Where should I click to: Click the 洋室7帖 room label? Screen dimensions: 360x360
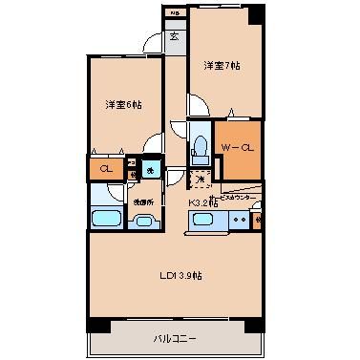[x=221, y=68]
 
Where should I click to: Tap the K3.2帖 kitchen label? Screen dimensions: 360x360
[x=202, y=202]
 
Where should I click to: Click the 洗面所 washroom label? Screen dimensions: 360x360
[x=143, y=201]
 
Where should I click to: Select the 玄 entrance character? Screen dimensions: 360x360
[x=175, y=37]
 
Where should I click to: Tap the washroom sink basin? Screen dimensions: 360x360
[x=144, y=222]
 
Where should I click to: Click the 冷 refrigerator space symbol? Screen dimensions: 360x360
[x=201, y=179]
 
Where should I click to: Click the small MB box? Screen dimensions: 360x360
[x=174, y=11]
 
